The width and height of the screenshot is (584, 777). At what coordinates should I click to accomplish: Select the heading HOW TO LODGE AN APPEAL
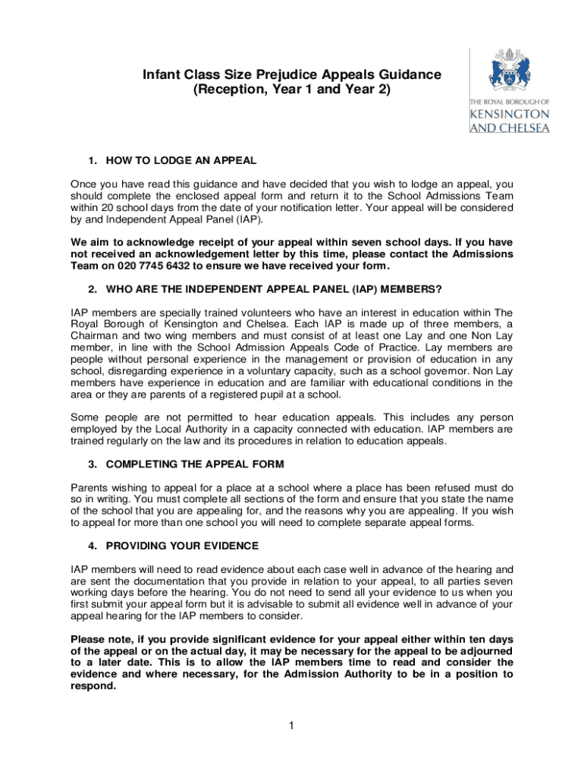click(x=181, y=161)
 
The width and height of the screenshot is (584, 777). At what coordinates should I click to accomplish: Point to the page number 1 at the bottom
click(x=291, y=726)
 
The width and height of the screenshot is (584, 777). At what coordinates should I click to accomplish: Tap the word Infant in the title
click(x=162, y=75)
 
